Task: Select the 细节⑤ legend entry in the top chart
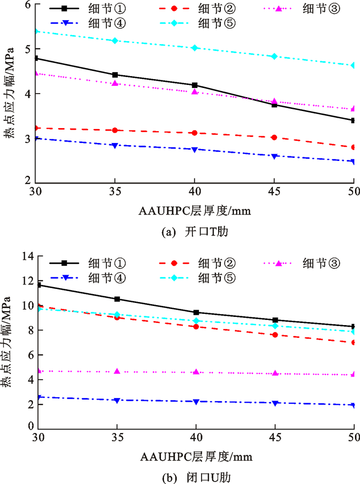point(212,23)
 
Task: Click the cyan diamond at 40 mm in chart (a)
point(194,48)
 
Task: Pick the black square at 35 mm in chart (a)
point(115,75)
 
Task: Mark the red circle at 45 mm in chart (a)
point(274,137)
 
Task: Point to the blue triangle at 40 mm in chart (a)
point(194,150)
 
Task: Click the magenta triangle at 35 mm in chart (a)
point(115,83)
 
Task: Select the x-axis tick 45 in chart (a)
point(274,190)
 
